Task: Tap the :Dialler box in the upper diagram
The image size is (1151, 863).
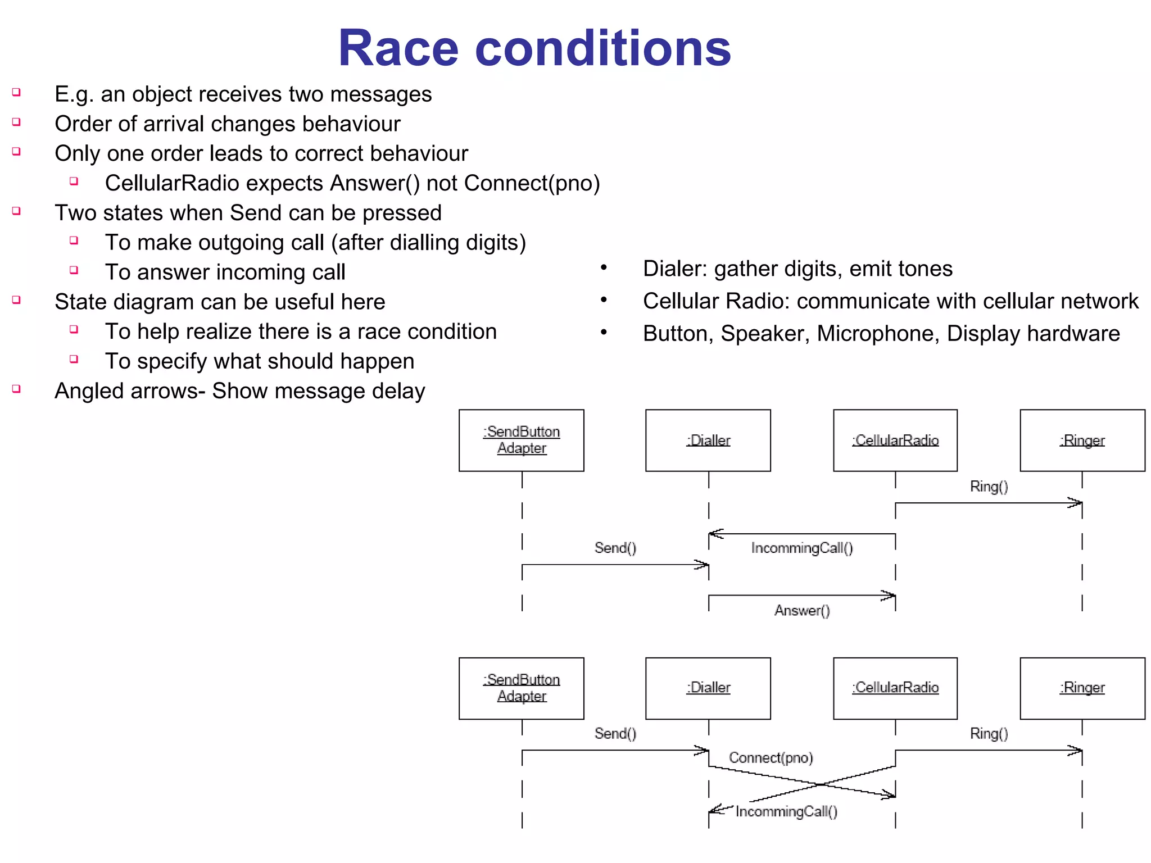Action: pos(708,440)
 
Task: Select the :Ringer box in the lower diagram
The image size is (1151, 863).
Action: pos(1082,688)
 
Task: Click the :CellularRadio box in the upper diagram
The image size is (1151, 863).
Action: pos(895,440)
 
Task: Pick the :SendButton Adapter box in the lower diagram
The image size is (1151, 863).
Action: pos(521,688)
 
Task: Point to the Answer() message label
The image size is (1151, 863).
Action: pos(802,611)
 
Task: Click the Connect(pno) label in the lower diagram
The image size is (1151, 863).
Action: pos(771,758)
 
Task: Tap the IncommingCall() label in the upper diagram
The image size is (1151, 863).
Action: pos(802,548)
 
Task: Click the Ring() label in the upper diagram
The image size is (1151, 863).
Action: pos(989,487)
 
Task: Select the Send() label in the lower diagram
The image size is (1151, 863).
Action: pos(615,733)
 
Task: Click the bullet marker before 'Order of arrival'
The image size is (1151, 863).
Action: pos(17,122)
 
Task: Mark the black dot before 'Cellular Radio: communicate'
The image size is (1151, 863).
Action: pos(604,300)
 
